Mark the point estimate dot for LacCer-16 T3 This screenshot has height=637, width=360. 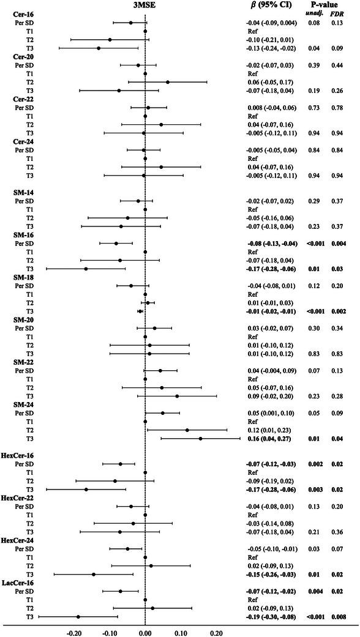tap(78, 617)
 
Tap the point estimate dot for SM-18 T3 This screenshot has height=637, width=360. tap(141, 311)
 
